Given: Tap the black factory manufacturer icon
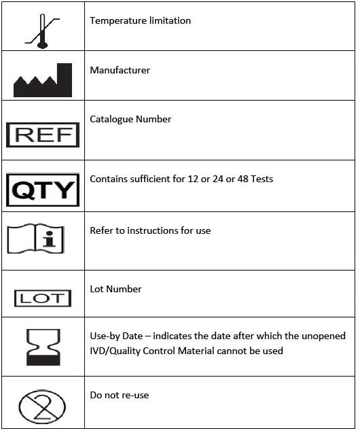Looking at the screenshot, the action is (x=43, y=81).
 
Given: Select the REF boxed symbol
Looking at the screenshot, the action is (x=43, y=135).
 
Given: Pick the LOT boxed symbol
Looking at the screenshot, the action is (x=43, y=298).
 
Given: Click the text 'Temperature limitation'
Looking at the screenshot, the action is (x=140, y=20).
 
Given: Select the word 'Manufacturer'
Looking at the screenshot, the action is (x=120, y=70).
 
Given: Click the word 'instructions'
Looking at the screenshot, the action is (x=157, y=230).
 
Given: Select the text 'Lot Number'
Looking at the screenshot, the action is (x=115, y=289).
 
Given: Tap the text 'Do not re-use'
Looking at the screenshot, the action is (x=119, y=395).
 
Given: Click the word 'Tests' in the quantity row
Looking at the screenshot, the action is (x=262, y=179).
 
